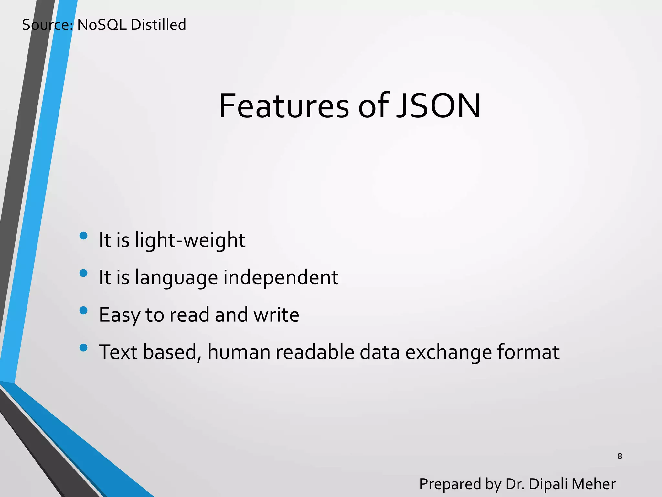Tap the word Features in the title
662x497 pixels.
[284, 106]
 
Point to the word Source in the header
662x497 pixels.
[47, 25]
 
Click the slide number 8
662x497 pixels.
[620, 456]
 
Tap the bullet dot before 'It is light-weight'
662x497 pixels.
[83, 236]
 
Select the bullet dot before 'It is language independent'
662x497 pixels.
[83, 273]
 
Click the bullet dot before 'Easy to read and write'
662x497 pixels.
[83, 310]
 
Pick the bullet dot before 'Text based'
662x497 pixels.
[83, 348]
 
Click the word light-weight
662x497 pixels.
[190, 240]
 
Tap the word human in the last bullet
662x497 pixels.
[239, 352]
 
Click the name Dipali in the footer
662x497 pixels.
[548, 484]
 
